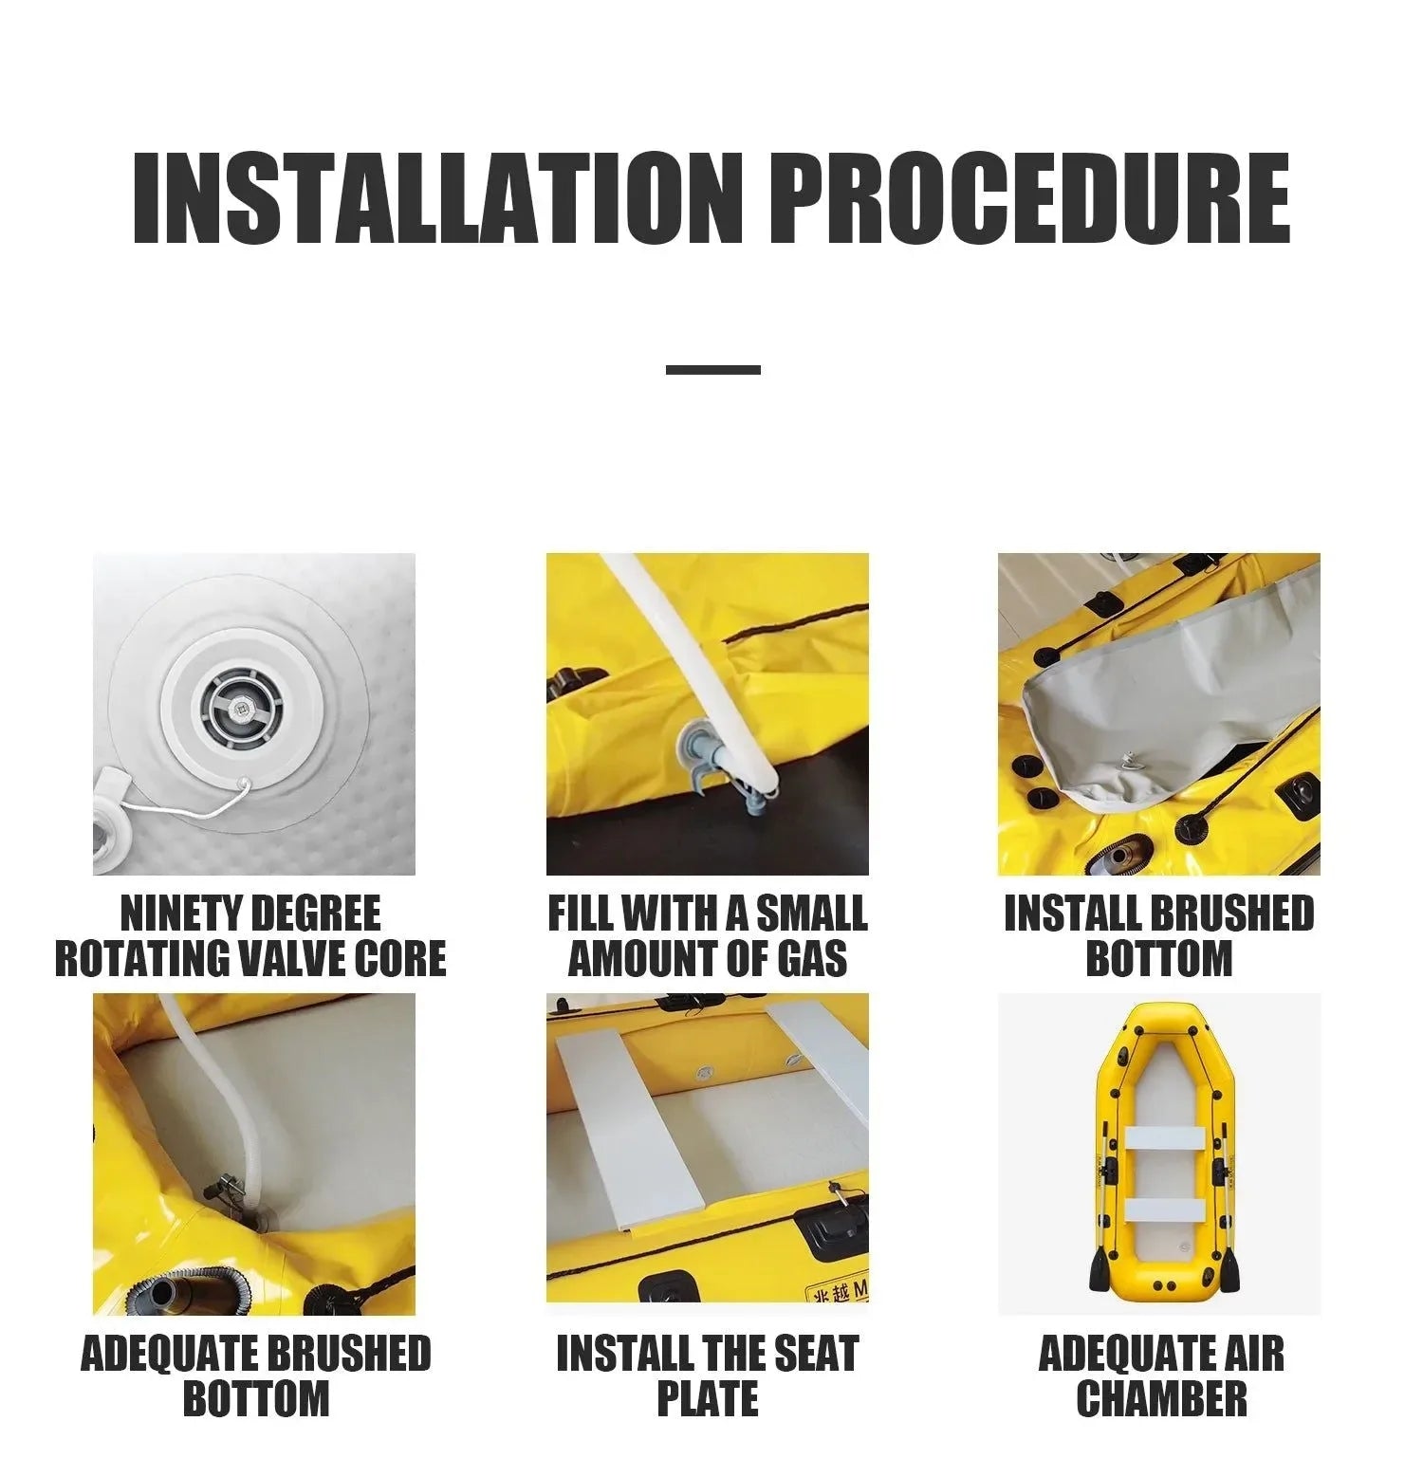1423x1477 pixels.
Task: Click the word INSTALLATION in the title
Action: point(439,197)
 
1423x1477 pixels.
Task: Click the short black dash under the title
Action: point(712,369)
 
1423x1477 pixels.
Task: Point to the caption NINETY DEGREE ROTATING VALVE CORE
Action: point(250,935)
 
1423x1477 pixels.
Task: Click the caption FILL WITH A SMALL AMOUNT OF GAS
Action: point(708,935)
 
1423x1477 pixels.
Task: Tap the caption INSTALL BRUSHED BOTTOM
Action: point(1159,935)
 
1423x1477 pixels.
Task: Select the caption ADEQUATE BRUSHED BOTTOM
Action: point(256,1375)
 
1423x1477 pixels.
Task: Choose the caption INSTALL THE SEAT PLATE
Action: point(708,1375)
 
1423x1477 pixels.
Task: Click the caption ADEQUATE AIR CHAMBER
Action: point(1161,1375)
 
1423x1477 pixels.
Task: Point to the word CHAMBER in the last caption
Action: point(1161,1398)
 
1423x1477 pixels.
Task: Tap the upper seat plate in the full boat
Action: point(1166,1137)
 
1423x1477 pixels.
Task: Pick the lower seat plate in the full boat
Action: point(1166,1209)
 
